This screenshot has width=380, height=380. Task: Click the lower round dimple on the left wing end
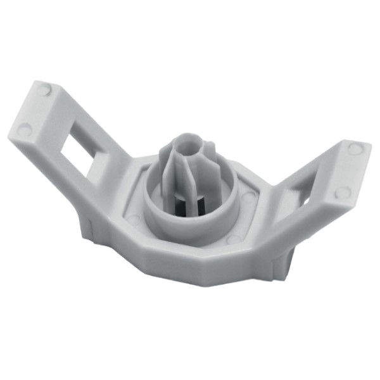(x=25, y=130)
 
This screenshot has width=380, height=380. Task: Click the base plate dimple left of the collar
(x=133, y=218)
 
